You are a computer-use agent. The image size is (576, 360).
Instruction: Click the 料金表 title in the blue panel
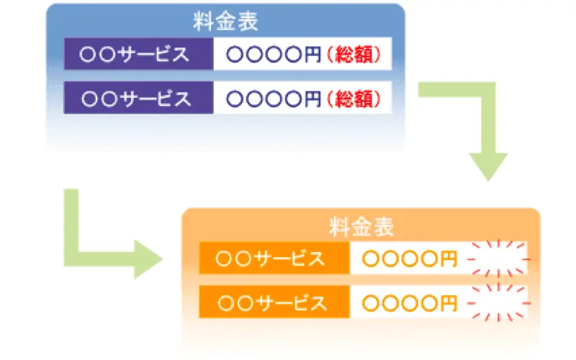[x=225, y=22]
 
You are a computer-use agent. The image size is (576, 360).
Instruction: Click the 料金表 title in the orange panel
[x=361, y=227]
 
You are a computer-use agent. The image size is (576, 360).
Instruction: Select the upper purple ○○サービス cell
[x=138, y=54]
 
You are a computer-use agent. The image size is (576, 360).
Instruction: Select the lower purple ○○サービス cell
[x=138, y=98]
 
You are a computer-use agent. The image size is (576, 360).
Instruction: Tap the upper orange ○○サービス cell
[x=274, y=258]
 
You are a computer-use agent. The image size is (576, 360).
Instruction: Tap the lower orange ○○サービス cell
[x=274, y=302]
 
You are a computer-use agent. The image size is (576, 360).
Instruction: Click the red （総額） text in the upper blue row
[x=354, y=55]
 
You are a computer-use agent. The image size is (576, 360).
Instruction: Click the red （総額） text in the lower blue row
[x=354, y=99]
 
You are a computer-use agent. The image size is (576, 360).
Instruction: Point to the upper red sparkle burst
[x=498, y=258]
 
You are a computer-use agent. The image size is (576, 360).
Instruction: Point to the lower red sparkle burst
[x=498, y=302]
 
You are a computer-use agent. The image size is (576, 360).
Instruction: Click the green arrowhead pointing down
[x=488, y=166]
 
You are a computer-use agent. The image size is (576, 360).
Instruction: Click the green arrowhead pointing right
[x=148, y=259]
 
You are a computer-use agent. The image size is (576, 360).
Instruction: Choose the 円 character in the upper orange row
[x=448, y=259]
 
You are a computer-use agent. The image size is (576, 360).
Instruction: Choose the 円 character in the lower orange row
[x=448, y=303]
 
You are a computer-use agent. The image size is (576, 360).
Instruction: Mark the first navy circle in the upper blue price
[x=235, y=55]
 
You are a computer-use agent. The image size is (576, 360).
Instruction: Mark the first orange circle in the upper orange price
[x=371, y=259]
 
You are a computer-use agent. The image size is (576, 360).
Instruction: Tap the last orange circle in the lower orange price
[x=429, y=303]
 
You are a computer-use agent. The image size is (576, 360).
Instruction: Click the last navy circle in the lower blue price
[x=293, y=99]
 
